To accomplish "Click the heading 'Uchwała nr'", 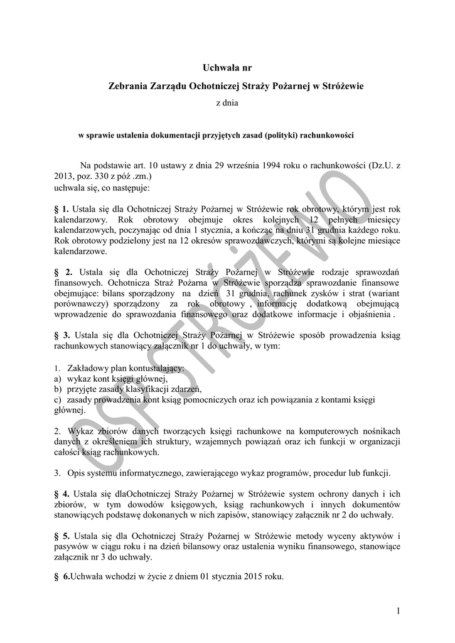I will point(227,67).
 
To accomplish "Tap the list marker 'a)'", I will point(57,379).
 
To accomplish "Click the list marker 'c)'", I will point(57,399).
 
